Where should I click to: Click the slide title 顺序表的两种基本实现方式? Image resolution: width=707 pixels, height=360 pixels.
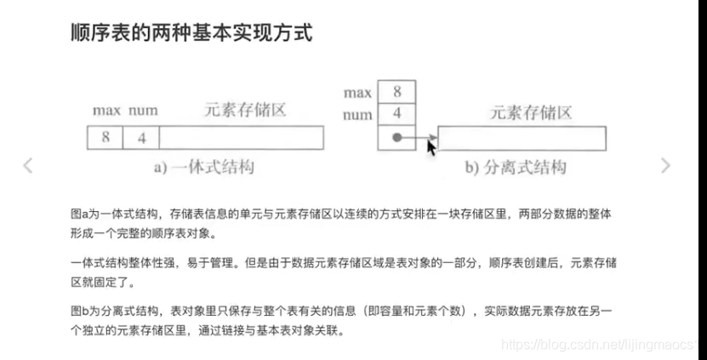tap(191, 33)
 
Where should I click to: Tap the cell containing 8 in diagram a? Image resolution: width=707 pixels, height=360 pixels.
tap(105, 137)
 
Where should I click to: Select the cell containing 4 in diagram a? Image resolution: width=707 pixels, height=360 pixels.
tap(141, 137)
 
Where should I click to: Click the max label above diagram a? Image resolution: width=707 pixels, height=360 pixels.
tap(106, 111)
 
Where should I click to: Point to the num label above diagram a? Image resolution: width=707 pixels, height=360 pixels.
tap(143, 111)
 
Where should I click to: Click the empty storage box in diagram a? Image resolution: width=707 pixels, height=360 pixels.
tap(241, 137)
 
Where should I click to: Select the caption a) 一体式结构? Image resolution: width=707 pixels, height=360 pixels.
tap(203, 167)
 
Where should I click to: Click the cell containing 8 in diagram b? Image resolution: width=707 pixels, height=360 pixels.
tap(397, 91)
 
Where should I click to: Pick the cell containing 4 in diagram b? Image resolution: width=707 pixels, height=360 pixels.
tap(397, 113)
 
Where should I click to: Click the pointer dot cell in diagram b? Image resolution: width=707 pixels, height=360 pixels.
tap(396, 137)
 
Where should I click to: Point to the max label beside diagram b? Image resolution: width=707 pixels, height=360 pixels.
tap(357, 91)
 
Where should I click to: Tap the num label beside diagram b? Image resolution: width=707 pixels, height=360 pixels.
tap(357, 114)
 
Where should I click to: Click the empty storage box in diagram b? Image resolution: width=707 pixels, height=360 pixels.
tap(522, 138)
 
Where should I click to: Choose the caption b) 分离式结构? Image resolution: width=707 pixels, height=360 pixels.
tap(516, 167)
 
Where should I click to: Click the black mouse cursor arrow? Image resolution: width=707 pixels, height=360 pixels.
tap(431, 146)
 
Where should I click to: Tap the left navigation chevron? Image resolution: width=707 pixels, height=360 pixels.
tap(28, 165)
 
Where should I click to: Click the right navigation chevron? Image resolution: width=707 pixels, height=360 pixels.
tap(665, 165)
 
